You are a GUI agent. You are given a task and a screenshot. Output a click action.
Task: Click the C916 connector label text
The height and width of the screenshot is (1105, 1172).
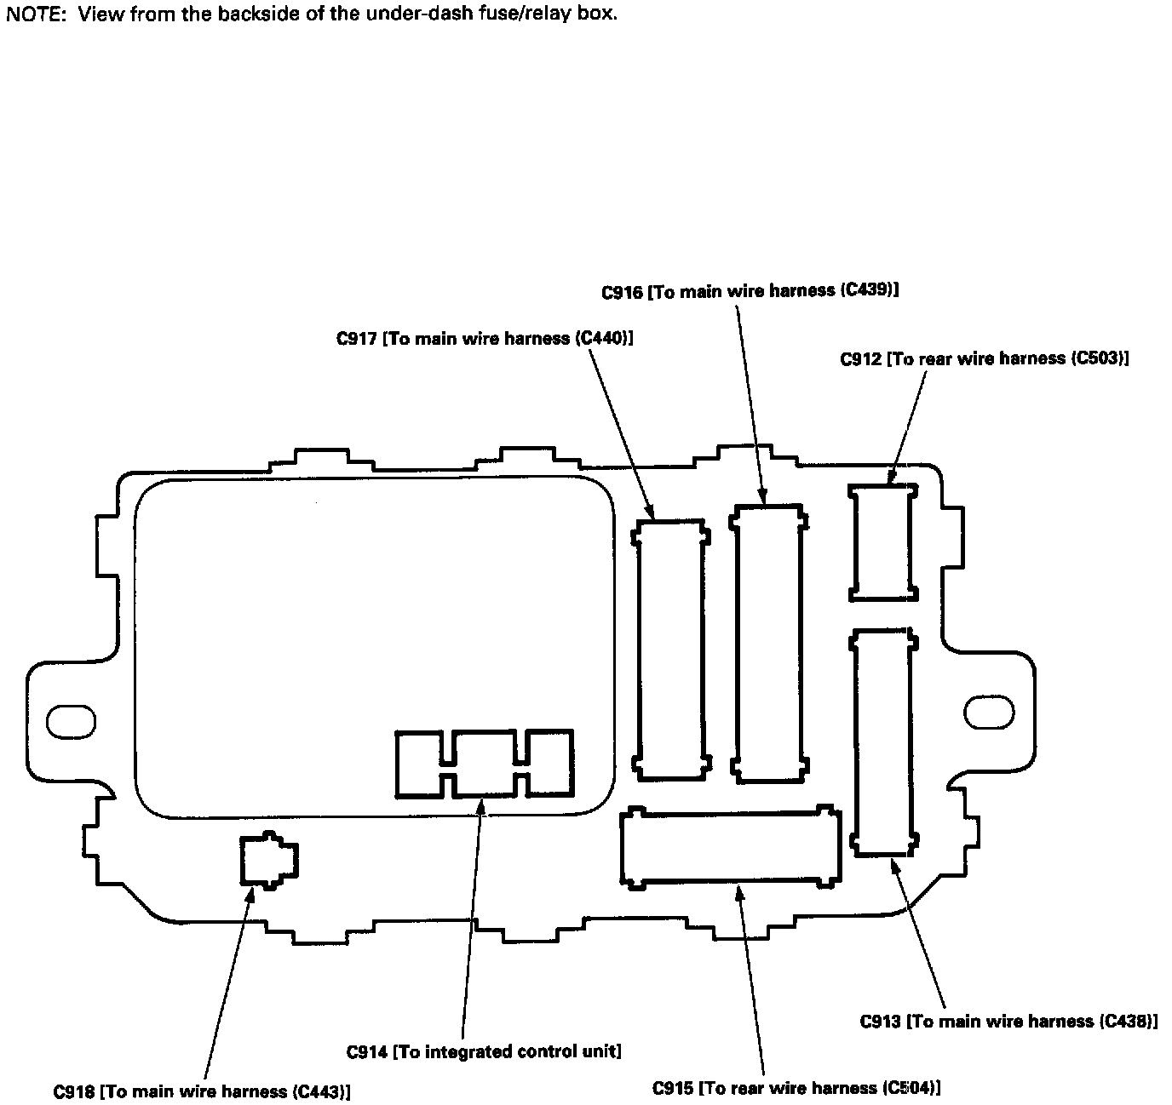pos(750,291)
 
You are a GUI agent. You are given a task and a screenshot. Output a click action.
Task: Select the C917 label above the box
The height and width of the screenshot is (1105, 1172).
pos(485,339)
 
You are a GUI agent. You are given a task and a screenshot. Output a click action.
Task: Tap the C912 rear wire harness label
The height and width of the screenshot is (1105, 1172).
pos(985,358)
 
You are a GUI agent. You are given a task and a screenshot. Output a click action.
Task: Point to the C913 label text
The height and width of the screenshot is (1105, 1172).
pos(1008,1021)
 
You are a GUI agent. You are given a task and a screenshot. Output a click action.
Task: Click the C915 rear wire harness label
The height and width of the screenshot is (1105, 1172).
pos(797,1087)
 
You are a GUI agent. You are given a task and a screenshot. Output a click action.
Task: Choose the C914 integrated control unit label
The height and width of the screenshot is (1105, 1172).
pos(484,1051)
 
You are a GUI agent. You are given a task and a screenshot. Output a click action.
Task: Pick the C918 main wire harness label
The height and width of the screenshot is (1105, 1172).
pos(202,1091)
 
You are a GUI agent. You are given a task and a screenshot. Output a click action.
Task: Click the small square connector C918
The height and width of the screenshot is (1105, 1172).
pos(268,860)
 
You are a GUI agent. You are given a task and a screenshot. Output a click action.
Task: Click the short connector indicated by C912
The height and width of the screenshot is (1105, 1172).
pos(883,541)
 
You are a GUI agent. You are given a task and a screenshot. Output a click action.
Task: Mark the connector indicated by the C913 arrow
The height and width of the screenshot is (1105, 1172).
pos(883,741)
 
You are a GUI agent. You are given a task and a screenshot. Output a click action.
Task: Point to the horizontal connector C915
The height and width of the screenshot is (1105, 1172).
pos(730,846)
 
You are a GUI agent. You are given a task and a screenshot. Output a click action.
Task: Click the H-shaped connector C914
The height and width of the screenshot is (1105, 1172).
pos(484,763)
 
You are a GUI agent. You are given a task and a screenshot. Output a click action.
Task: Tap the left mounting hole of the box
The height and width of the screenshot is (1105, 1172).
pos(71,722)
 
